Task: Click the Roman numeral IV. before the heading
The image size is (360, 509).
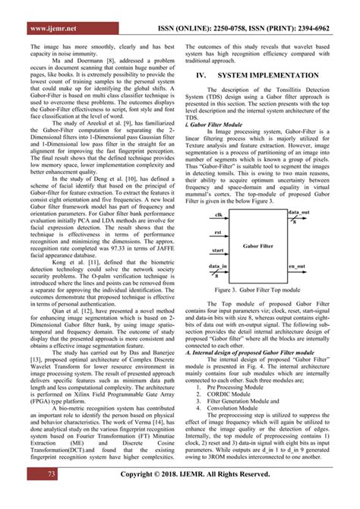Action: pyautogui.click(x=202, y=76)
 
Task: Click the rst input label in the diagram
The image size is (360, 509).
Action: pyautogui.click(x=217, y=234)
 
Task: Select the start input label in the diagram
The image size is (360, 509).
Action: pyautogui.click(x=219, y=250)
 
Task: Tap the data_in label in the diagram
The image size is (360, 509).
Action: pyautogui.click(x=219, y=267)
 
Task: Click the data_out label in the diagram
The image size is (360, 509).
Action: pyautogui.click(x=298, y=213)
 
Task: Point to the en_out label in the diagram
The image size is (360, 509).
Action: pyautogui.click(x=296, y=267)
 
